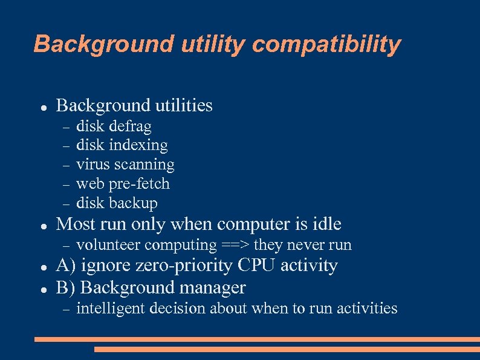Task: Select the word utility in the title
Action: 206,44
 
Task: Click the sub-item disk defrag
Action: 114,126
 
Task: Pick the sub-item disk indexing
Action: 122,145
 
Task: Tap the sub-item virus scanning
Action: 125,165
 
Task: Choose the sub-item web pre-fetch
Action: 123,184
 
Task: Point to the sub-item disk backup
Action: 117,203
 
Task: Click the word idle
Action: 326,224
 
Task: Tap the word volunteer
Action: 108,245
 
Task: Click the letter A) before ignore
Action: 65,266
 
